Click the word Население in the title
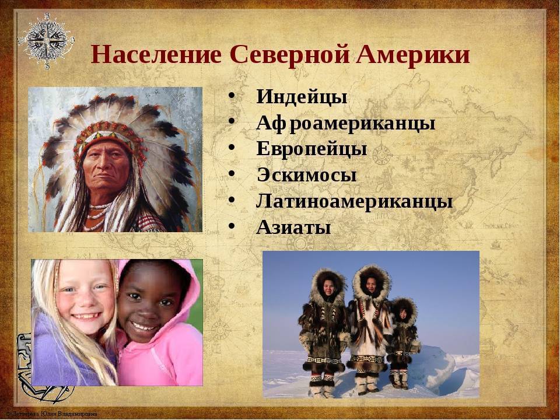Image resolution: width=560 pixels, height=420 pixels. (156, 55)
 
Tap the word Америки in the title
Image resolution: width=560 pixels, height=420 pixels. (413, 55)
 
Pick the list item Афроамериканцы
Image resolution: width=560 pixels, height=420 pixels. (346, 124)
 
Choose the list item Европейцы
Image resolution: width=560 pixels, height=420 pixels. (311, 149)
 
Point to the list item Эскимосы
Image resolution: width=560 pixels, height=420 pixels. (307, 175)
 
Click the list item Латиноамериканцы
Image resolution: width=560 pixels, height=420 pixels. (354, 201)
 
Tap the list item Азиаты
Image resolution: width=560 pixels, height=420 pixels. (293, 228)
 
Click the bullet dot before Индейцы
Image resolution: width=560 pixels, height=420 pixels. (232, 96)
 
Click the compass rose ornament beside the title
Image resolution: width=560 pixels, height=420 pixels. (47, 40)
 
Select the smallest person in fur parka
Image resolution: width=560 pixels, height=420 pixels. (404, 343)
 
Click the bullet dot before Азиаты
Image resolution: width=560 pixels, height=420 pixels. (232, 226)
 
